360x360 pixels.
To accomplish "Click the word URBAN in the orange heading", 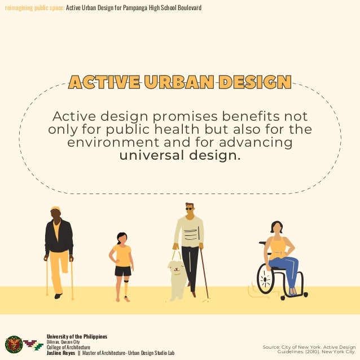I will pyautogui.click(x=179, y=82).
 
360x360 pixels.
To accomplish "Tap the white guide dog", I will pyautogui.click(x=177, y=279).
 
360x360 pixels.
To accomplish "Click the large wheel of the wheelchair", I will pyautogui.click(x=266, y=279).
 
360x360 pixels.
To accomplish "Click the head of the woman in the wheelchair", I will pyautogui.click(x=276, y=227).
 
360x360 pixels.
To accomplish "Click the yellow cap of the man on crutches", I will pyautogui.click(x=55, y=208).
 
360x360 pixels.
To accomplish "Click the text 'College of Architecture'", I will pyautogui.click(x=68, y=347).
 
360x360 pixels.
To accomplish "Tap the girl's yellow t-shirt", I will pyautogui.click(x=122, y=255).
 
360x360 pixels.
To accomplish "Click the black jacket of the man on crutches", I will pyautogui.click(x=59, y=237).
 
